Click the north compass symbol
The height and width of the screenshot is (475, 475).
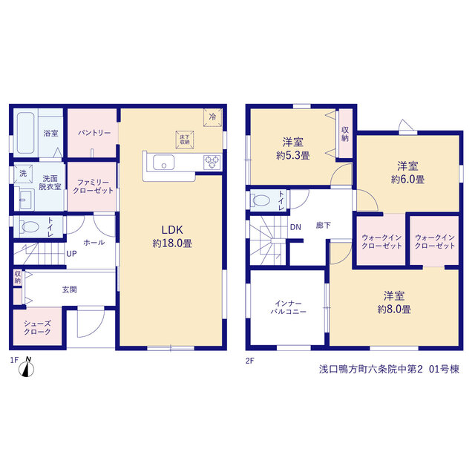tap(27, 367)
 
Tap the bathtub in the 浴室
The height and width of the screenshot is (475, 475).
tap(25, 133)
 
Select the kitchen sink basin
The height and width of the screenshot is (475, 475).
tap(163, 163)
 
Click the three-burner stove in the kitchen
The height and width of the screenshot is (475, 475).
tap(212, 162)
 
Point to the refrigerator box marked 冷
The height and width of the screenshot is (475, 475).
tap(213, 117)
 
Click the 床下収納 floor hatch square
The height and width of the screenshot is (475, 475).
tap(185, 140)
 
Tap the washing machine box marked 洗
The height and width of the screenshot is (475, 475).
tap(23, 174)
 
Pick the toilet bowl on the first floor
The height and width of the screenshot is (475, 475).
tap(30, 226)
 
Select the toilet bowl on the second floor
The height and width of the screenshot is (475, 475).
tap(261, 200)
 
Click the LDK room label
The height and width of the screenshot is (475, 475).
tap(172, 230)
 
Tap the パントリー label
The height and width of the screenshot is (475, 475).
tap(94, 133)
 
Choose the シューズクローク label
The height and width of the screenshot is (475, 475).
tap(37, 328)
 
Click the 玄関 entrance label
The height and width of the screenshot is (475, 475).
tap(69, 290)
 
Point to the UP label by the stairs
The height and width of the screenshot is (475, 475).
tap(71, 254)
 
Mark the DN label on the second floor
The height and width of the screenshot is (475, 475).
tap(295, 227)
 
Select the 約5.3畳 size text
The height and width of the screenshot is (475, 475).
tap(293, 156)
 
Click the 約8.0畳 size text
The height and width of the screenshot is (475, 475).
tap(394, 309)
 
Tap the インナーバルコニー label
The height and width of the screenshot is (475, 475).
tap(289, 307)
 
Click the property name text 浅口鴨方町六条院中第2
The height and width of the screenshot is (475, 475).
tap(370, 370)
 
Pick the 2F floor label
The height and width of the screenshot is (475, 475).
tap(250, 361)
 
